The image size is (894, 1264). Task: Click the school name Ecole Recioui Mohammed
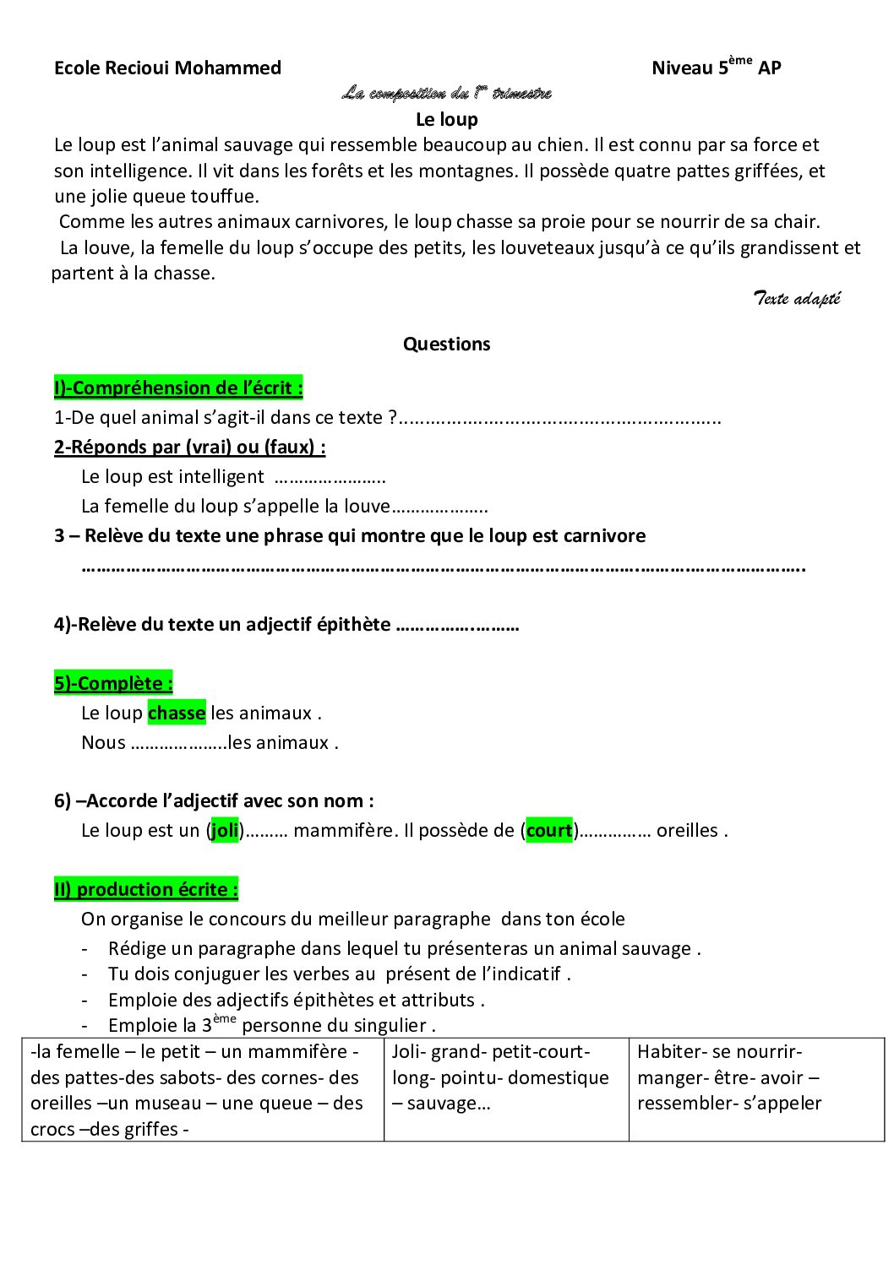(167, 68)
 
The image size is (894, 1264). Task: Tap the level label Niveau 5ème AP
(716, 68)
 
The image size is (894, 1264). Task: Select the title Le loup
(446, 119)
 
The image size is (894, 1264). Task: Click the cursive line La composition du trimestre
(446, 93)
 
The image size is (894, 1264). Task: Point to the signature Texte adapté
(797, 298)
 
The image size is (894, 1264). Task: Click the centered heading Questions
(446, 344)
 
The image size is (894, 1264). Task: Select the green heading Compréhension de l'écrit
(178, 388)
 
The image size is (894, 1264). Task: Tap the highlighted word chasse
(177, 713)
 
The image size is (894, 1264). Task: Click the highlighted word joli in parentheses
(225, 831)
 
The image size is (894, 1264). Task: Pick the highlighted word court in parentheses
(549, 831)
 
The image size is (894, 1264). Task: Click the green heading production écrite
(146, 890)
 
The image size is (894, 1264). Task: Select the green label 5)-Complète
(113, 684)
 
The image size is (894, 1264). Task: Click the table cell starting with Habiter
(755, 1089)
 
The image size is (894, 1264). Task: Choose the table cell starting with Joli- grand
(505, 1089)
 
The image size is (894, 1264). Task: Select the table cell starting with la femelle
(203, 1089)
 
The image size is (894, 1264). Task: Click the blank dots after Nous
(178, 743)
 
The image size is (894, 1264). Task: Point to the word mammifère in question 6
(345, 831)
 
